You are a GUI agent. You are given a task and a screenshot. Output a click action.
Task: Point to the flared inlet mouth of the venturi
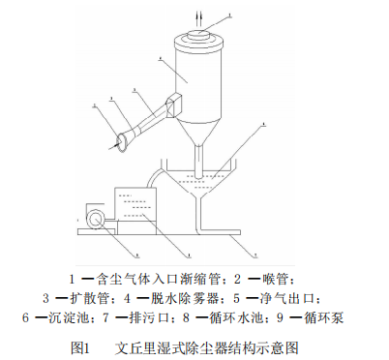click(x=122, y=142)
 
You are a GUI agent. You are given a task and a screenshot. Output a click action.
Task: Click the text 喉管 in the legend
click(x=287, y=279)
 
